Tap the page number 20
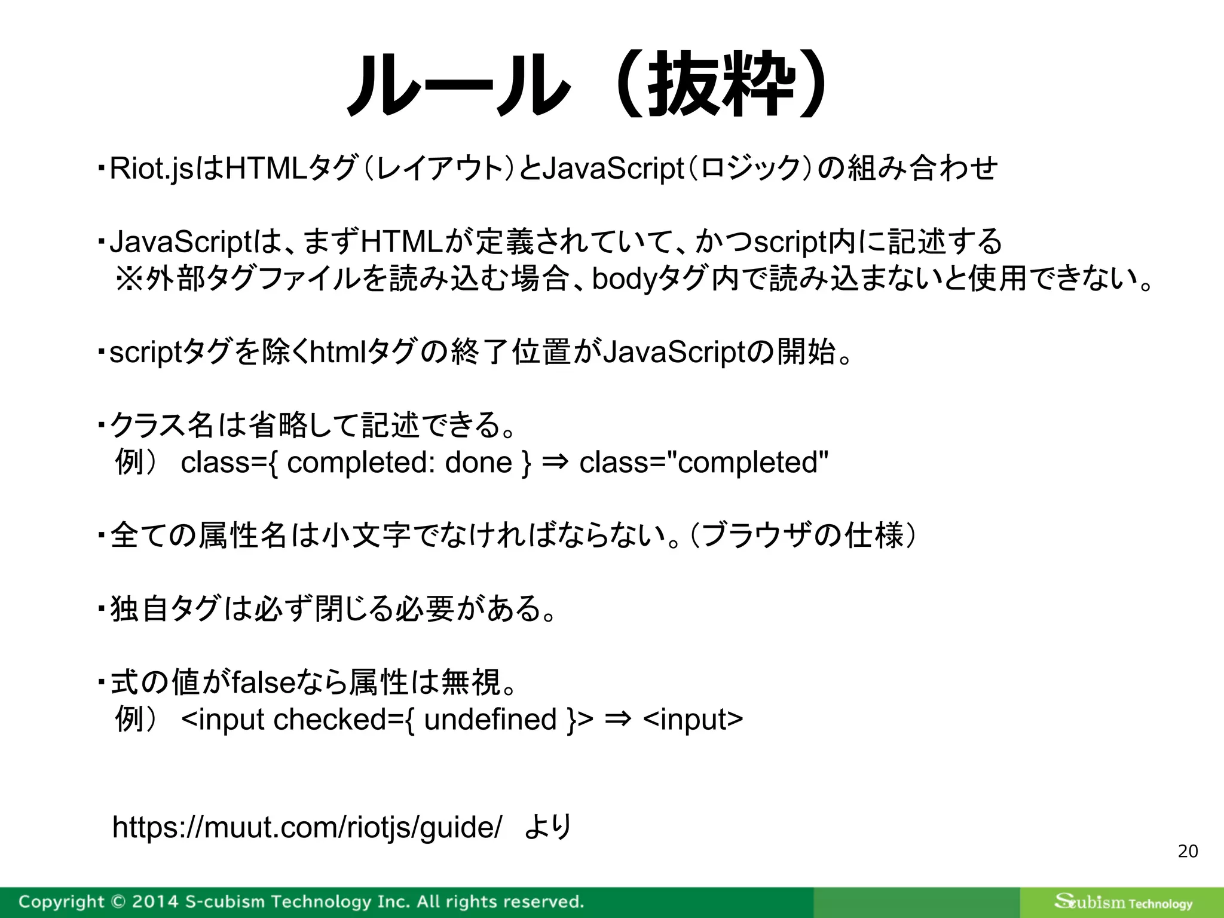(1188, 851)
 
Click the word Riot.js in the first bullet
(152, 169)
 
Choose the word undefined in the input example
(490, 720)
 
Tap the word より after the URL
(548, 828)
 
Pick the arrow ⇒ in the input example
(618, 720)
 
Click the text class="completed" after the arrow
(704, 463)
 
